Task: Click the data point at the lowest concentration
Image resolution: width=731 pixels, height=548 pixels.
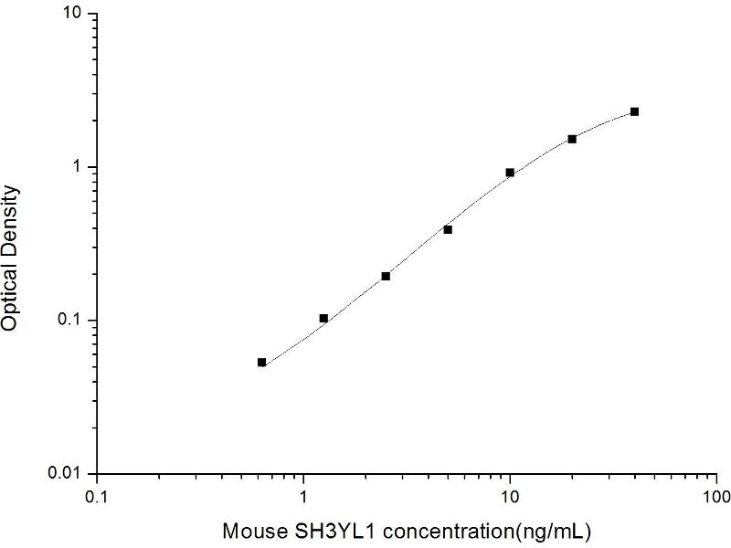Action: click(x=262, y=363)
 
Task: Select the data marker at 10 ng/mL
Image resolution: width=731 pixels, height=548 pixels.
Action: click(x=510, y=173)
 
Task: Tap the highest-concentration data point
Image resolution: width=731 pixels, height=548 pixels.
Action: click(x=634, y=111)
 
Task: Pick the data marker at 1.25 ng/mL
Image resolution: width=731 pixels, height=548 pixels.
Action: click(x=323, y=318)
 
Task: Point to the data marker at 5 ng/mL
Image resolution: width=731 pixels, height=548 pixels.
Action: click(x=448, y=229)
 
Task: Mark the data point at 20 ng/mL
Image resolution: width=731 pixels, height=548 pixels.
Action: click(x=572, y=139)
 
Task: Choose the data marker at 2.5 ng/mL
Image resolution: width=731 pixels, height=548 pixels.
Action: click(x=386, y=276)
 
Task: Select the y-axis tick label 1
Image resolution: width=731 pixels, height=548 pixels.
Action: click(x=79, y=168)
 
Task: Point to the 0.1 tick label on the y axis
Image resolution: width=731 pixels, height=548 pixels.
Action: click(x=72, y=321)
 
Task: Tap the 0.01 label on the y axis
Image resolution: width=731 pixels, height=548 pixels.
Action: click(x=69, y=473)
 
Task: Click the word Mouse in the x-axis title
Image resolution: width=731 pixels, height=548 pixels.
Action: click(x=254, y=530)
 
